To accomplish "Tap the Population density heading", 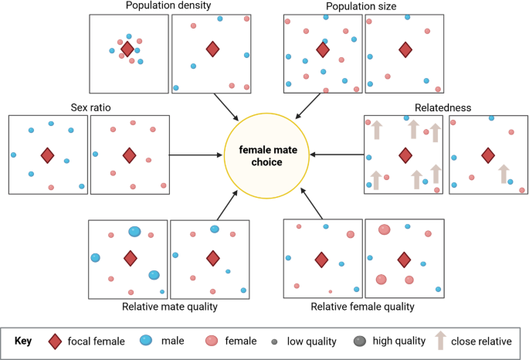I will coord(168,6).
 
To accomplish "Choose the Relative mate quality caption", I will coord(170,307).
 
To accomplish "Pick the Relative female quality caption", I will coord(363,307).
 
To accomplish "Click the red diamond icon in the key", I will coord(55,341).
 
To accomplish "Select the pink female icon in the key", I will coord(212,341).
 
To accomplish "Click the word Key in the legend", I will coord(25,341).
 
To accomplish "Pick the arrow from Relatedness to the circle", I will coord(337,155).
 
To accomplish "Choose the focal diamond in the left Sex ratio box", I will coord(47,155).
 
